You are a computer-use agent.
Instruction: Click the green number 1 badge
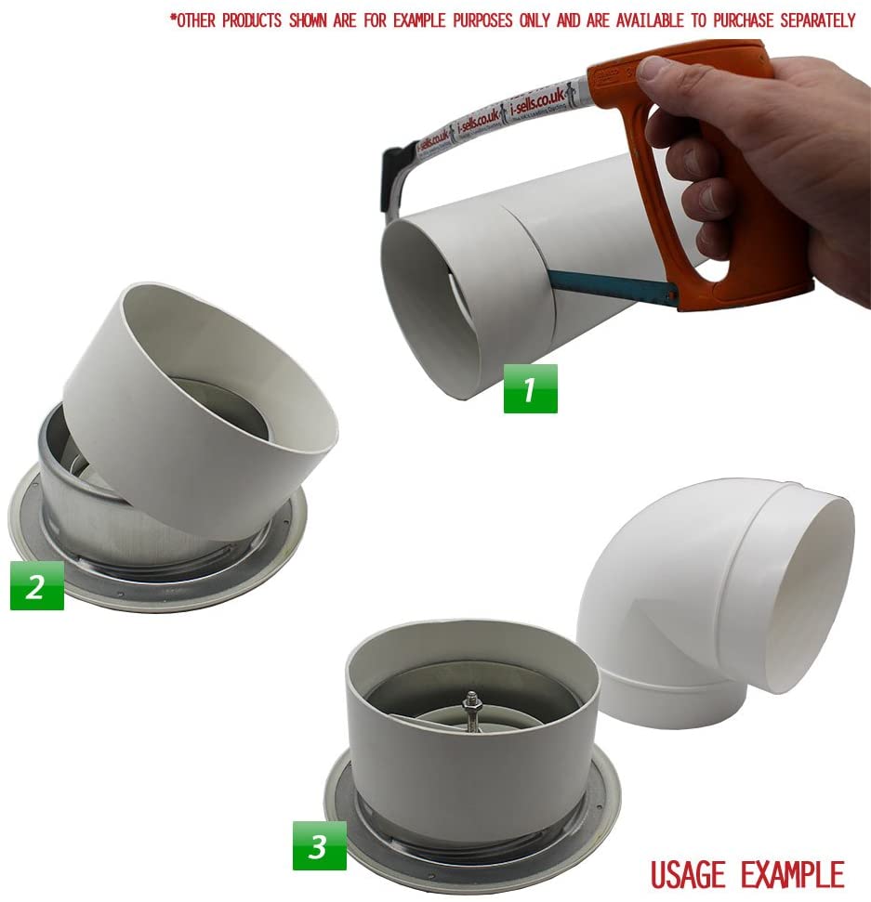tap(530, 388)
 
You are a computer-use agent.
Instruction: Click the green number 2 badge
tap(36, 586)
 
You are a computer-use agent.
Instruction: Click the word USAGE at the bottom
tap(691, 874)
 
